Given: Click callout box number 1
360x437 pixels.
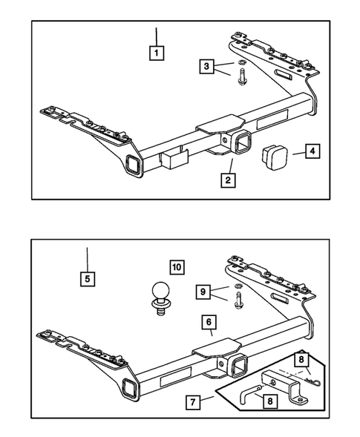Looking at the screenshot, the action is pyautogui.click(x=156, y=53).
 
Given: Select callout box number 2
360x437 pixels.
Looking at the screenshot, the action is pyautogui.click(x=228, y=180).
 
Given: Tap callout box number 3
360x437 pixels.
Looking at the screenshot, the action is pyautogui.click(x=206, y=66).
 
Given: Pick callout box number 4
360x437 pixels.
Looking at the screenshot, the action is pyautogui.click(x=312, y=151).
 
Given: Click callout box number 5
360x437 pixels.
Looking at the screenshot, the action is pyautogui.click(x=88, y=279).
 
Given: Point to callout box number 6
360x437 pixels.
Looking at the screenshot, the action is pyautogui.click(x=209, y=322).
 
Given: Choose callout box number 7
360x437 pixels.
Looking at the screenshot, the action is pyautogui.click(x=193, y=402).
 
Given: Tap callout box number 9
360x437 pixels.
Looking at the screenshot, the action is pyautogui.click(x=203, y=292).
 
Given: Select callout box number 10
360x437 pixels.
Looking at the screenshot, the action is pyautogui.click(x=177, y=267).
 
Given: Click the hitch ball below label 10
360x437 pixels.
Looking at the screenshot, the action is pyautogui.click(x=160, y=298).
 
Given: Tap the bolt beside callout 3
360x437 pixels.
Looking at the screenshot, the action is pyautogui.click(x=241, y=77).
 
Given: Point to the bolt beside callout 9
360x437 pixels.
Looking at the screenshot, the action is pyautogui.click(x=238, y=300).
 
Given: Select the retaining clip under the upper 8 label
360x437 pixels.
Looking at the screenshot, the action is pyautogui.click(x=314, y=381).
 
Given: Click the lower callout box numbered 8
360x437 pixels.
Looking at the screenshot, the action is pyautogui.click(x=270, y=401).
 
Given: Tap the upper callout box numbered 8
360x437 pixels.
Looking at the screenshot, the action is pyautogui.click(x=301, y=360).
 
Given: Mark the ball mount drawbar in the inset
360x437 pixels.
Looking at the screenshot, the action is pyautogui.click(x=284, y=386).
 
